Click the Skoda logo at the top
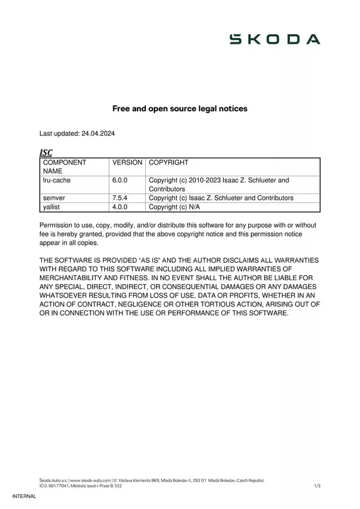(275, 39)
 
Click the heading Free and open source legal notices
(180, 109)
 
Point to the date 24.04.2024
(98, 134)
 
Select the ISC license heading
(46, 152)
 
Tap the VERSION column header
(127, 163)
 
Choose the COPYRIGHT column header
(168, 163)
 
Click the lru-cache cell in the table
(57, 181)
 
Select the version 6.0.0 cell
(121, 181)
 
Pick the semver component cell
(55, 198)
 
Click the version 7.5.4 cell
(121, 198)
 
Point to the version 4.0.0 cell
(121, 207)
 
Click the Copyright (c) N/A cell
(174, 207)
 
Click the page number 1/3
(317, 486)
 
